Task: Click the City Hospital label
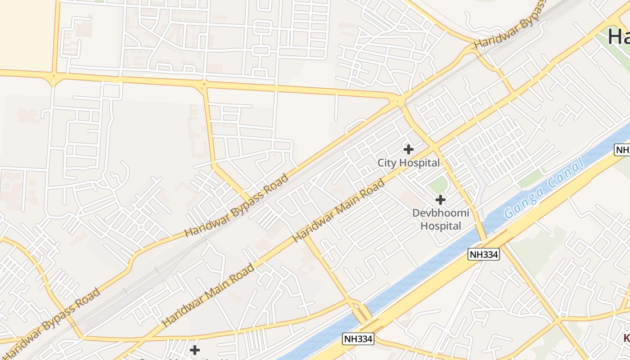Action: coord(408,163)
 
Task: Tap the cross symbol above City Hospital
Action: coord(409,149)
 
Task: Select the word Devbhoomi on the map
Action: coord(441,213)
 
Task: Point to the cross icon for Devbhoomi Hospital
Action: coord(441,199)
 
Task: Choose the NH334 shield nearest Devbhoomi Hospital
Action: coord(484,254)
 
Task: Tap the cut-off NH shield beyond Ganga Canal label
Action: coord(623,150)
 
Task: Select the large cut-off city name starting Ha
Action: coord(619,36)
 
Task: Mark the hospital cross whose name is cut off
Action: coord(195,350)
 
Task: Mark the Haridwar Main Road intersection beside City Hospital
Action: coord(435,146)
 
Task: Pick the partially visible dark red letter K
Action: coord(626,338)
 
